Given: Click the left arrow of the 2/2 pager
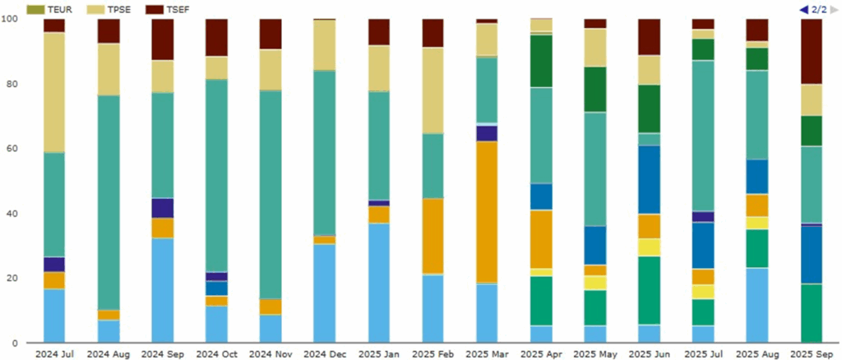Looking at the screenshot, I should (803, 9).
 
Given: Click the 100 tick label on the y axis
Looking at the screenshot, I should (12, 19).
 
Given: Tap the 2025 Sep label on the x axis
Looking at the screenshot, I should (812, 353).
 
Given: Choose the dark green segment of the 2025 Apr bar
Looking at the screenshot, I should (541, 61).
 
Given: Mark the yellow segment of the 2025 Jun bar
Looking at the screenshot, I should (650, 247).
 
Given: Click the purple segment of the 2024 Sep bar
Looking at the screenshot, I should (162, 208).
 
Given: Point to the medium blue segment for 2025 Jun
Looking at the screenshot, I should (650, 179).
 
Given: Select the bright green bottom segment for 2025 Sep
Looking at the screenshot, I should (812, 312).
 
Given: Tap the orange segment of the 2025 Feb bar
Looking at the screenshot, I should (433, 236).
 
